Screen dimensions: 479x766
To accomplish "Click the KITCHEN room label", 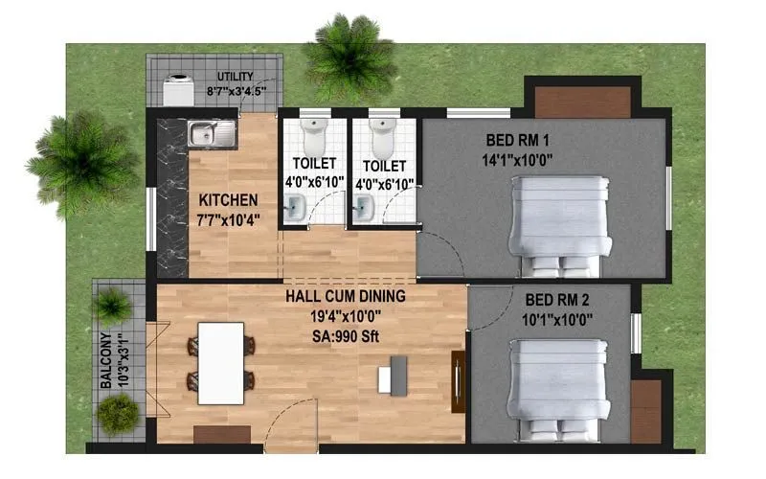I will point(228,200).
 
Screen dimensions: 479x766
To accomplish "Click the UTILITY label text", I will point(235,77).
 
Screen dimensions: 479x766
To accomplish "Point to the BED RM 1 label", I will point(518,143).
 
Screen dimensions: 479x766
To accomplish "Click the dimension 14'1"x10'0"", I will point(518,160).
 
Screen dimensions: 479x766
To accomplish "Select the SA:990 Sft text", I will point(345,331).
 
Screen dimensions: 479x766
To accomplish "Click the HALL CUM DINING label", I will point(345,296).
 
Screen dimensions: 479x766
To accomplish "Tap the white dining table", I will point(220,362).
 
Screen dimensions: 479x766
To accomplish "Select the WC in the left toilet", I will point(312,138).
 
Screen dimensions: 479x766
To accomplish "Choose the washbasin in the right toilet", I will point(365,205).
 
